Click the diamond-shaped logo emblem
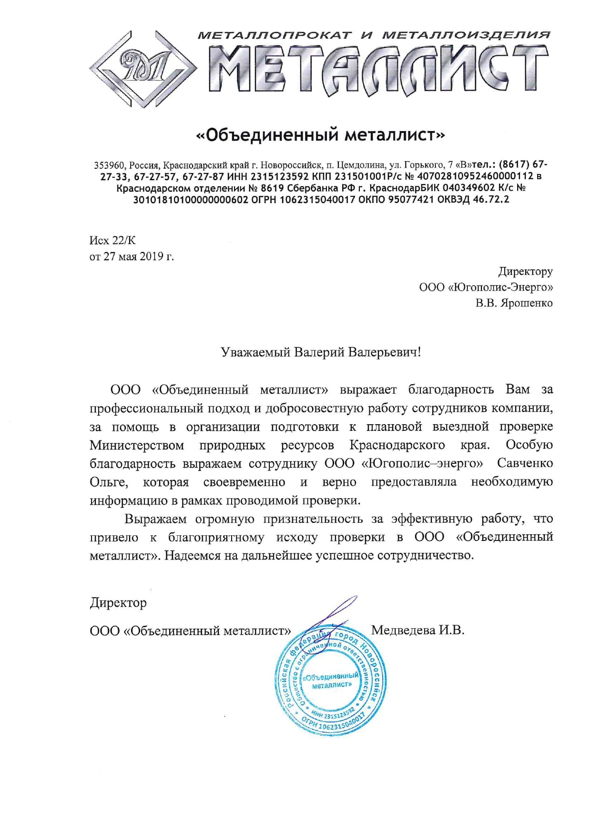pos(143,69)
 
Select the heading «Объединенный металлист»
pos(321,135)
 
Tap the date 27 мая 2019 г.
pos(138,256)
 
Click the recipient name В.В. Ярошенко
pos(514,303)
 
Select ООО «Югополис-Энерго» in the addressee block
pos(486,287)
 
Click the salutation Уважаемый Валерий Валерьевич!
pos(321,352)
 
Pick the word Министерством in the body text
pos(137,445)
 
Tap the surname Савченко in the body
pos(525,463)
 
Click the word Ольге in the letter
pos(109,482)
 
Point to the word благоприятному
pos(216,537)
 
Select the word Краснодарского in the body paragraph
pos(397,445)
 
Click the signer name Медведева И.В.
pos(418,630)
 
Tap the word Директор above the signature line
pos(118,602)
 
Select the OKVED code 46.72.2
pos(490,199)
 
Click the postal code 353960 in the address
pos(109,165)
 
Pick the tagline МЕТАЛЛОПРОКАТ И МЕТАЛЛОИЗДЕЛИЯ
pos(374,35)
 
